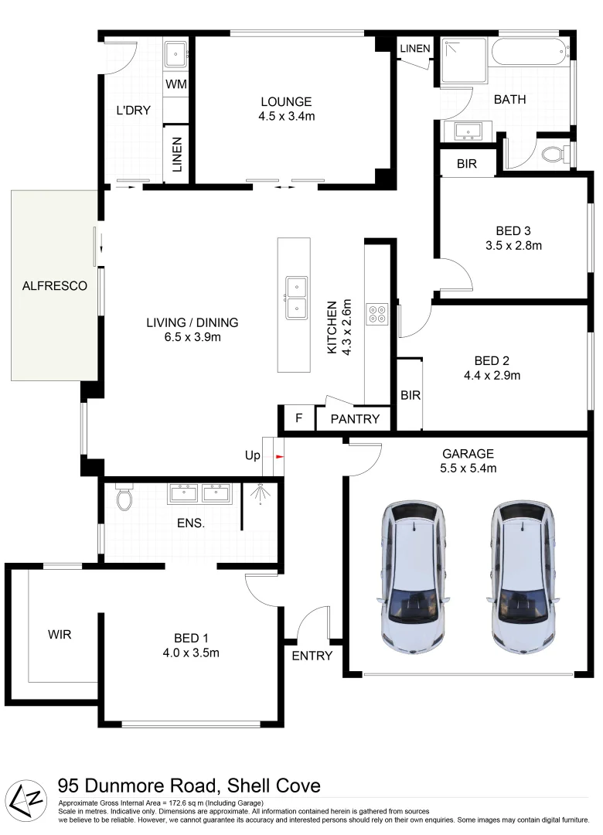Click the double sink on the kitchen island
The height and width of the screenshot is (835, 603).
295,298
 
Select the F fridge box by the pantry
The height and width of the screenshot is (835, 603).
298,418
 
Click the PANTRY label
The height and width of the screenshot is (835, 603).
355,419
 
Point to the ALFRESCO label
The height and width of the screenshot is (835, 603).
55,285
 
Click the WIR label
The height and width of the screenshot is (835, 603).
60,635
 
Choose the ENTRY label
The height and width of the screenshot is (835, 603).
312,656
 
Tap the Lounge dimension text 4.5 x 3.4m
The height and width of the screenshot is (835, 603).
286,116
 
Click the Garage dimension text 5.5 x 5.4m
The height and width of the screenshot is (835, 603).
468,468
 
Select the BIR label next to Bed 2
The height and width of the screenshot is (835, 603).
410,395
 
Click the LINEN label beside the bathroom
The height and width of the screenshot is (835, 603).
415,49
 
